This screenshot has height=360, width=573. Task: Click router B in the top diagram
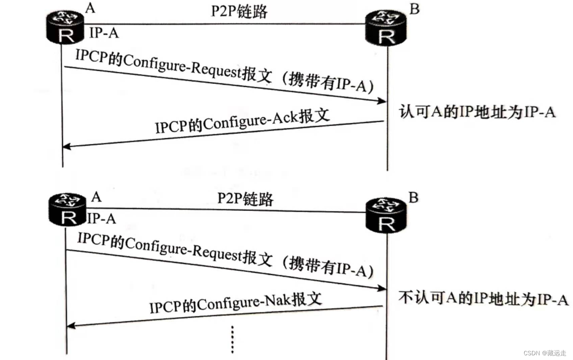click(386, 29)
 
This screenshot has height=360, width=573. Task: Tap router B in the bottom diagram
click(386, 215)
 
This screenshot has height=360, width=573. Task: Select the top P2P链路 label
click(239, 12)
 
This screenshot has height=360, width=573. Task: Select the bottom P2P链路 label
click(245, 199)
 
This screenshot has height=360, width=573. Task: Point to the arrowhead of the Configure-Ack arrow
click(65, 147)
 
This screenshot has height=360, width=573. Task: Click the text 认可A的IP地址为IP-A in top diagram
click(477, 112)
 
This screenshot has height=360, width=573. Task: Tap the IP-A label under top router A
click(103, 33)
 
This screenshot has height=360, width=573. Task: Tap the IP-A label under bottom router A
click(102, 218)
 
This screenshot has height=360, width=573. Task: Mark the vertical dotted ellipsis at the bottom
click(232, 339)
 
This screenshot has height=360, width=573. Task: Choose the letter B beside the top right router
click(414, 9)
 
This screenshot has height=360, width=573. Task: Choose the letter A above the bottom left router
click(97, 197)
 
